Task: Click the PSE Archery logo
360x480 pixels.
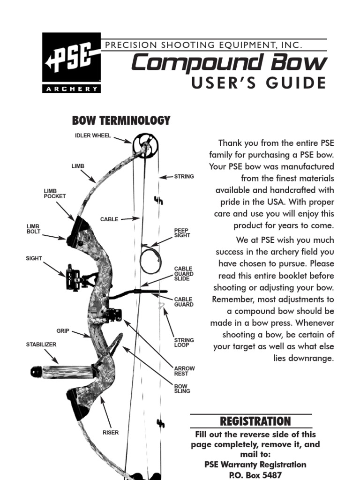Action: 71,63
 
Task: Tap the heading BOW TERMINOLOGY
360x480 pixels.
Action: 121,120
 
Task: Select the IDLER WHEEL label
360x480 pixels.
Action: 93,136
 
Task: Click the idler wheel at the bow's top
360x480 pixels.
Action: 142,145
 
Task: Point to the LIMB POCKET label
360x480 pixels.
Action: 54,194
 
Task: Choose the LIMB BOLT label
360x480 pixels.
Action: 34,229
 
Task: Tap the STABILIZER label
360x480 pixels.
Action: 41,345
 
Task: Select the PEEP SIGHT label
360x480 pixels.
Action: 182,233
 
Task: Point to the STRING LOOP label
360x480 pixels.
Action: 184,342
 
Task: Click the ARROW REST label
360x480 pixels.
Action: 184,371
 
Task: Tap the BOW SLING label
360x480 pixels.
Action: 182,389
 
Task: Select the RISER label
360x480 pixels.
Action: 111,433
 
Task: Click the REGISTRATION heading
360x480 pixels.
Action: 252,421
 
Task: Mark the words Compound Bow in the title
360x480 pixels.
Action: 228,63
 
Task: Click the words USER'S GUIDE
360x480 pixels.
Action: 258,83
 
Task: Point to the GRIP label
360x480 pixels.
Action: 63,331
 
